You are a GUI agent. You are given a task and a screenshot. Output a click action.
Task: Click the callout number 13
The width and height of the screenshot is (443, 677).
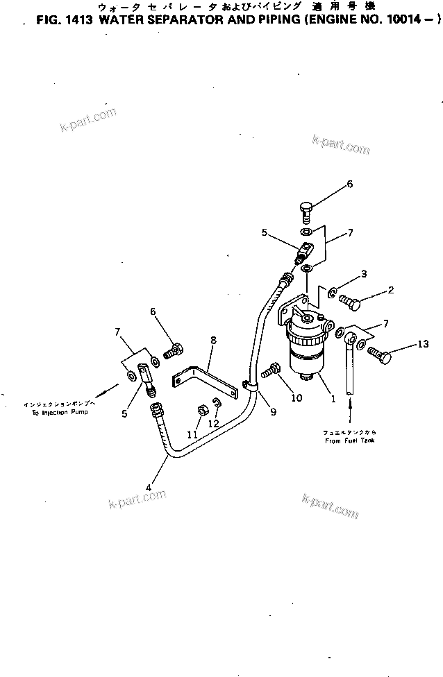(423, 344)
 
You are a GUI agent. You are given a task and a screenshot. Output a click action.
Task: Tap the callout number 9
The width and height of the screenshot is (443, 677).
(273, 411)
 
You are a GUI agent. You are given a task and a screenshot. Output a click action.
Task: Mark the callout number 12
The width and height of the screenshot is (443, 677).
(215, 423)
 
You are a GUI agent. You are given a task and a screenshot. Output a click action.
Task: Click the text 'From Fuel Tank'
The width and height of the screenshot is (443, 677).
(350, 440)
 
